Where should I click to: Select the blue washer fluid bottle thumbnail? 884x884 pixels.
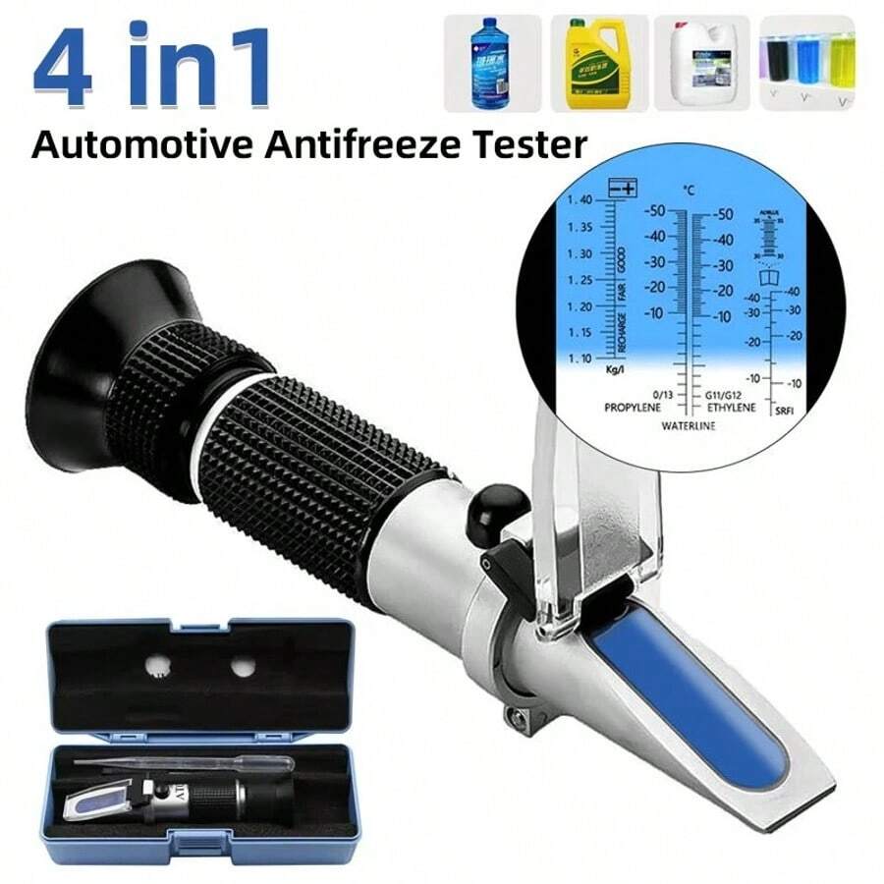pyautogui.click(x=491, y=62)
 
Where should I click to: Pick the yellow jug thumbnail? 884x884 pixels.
pyautogui.click(x=597, y=62)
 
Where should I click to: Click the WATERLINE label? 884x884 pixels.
pyautogui.click(x=687, y=425)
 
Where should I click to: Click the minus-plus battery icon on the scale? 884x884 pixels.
pyautogui.click(x=620, y=188)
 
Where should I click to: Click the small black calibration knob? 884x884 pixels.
pyautogui.click(x=504, y=509)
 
